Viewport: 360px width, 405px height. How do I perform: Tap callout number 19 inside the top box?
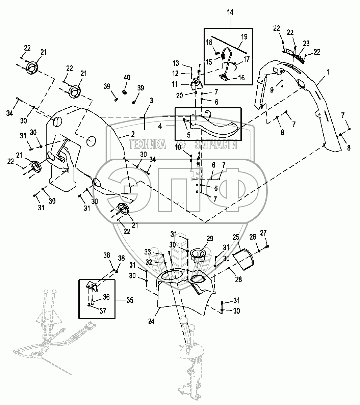click(x=244, y=36)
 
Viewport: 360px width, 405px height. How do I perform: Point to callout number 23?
click(x=306, y=43)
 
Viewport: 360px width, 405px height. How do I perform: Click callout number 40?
click(x=127, y=78)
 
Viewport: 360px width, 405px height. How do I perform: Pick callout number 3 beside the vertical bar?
click(x=151, y=101)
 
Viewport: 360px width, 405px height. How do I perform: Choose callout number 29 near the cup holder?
click(x=210, y=239)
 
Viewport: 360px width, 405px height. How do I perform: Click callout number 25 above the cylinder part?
click(x=236, y=237)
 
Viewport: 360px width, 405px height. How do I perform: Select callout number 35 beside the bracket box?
click(x=130, y=300)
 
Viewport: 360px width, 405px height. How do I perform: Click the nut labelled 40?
click(x=125, y=92)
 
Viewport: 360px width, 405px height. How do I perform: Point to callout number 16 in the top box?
click(x=241, y=77)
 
